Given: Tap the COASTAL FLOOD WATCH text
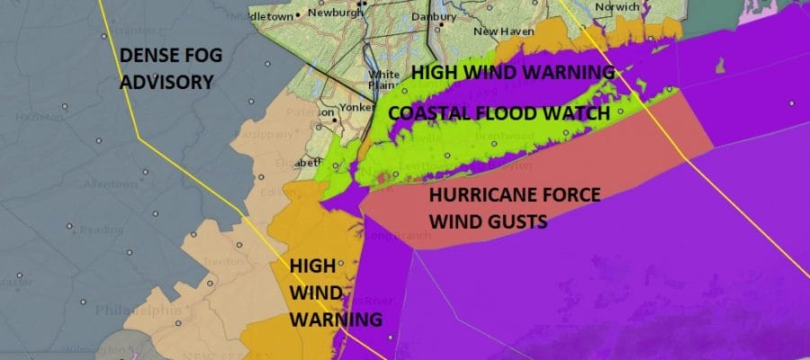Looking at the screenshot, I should [499, 113].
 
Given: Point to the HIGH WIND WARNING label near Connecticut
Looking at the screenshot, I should [512, 72].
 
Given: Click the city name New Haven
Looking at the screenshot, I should [499, 31].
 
